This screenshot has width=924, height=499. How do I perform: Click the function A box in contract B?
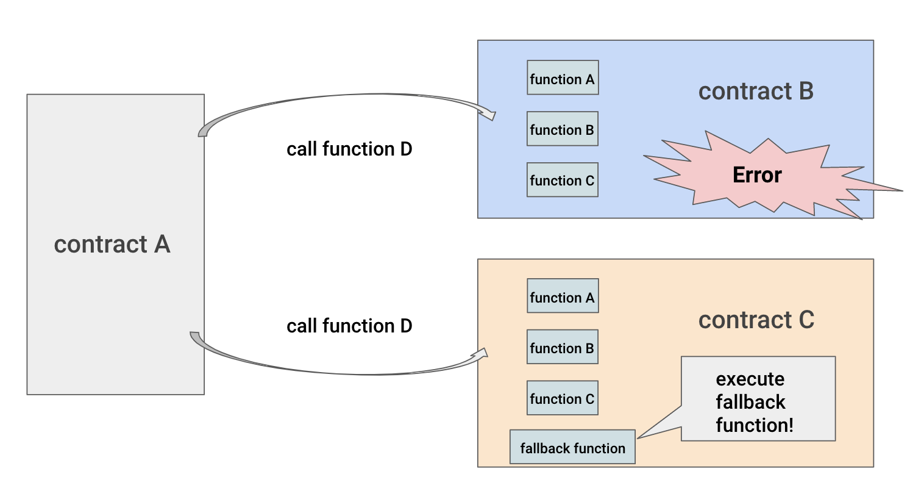point(563,77)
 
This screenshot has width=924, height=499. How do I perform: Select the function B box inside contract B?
point(563,129)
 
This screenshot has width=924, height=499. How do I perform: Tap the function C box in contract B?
point(563,180)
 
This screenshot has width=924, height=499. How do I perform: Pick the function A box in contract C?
point(563,296)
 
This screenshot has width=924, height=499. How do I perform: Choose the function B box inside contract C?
point(563,347)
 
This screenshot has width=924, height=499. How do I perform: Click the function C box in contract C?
point(563,398)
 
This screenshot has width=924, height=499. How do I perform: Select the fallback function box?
point(572,447)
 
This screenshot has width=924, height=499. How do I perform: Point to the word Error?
point(757,175)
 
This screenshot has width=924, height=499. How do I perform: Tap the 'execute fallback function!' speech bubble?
point(758,399)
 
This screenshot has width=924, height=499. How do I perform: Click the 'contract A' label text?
point(112,244)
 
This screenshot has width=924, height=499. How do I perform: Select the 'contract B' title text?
point(756,92)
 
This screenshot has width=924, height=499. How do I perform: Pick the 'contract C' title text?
point(756,320)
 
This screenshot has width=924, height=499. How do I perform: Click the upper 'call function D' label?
point(349,149)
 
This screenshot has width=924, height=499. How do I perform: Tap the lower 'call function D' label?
point(349,326)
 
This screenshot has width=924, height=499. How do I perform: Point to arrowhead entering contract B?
point(489,113)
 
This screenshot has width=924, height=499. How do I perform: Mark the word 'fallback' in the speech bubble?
point(750,402)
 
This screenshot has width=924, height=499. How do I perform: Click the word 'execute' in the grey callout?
point(750,379)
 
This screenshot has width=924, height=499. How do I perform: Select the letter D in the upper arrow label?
point(406,149)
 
